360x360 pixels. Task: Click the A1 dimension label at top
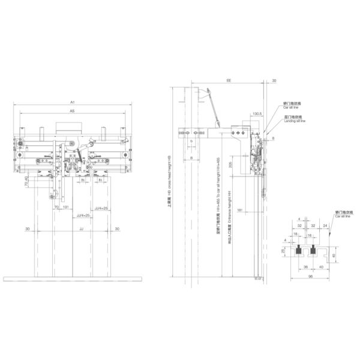click(71, 103)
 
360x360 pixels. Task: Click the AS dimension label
click(71, 112)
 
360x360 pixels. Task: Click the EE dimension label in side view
click(229, 80)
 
